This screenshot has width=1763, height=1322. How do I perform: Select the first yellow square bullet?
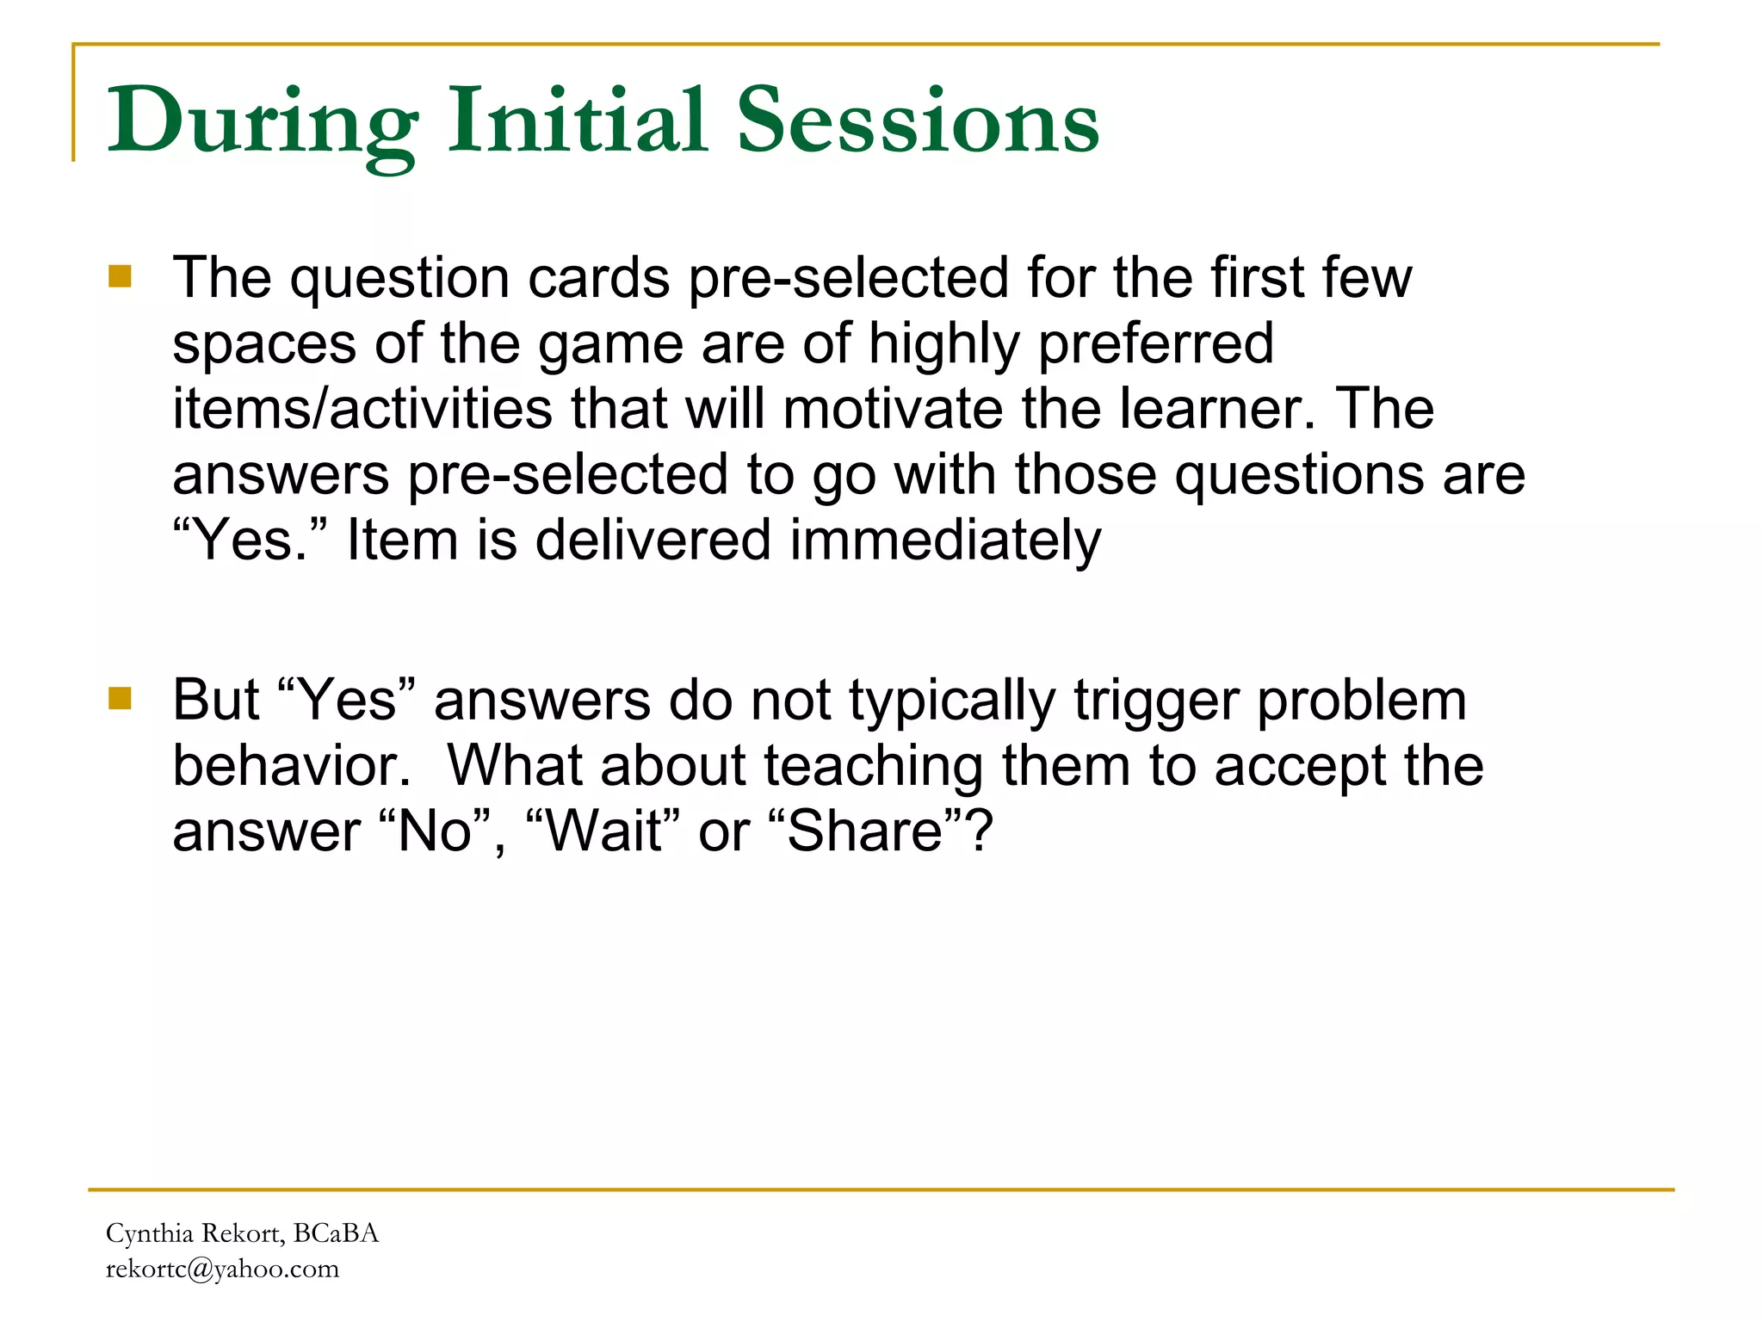(120, 276)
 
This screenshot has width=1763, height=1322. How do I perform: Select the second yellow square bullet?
(120, 698)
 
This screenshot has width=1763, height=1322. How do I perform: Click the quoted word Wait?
(606, 831)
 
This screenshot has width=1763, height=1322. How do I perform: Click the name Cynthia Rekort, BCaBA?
(242, 1233)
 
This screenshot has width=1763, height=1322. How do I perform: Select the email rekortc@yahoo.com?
(222, 1269)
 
